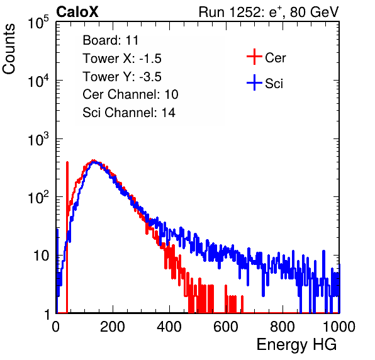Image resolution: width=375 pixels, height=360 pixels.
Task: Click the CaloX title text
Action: pyautogui.click(x=77, y=12)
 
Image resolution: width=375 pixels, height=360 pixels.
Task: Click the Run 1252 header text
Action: pyautogui.click(x=269, y=12)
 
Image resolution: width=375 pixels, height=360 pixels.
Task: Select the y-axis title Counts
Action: pyautogui.click(x=9, y=49)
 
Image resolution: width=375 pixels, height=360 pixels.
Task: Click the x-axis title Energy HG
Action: pyautogui.click(x=296, y=345)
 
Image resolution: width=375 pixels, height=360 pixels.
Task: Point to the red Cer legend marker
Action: pyautogui.click(x=254, y=57)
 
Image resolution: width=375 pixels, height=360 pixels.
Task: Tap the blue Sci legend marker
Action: pyautogui.click(x=254, y=83)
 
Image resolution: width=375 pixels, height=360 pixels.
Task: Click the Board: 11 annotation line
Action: pyautogui.click(x=111, y=40)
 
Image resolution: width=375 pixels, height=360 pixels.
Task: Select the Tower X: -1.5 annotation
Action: pyautogui.click(x=122, y=59)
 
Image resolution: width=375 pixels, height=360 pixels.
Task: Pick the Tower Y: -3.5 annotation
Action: pyautogui.click(x=122, y=77)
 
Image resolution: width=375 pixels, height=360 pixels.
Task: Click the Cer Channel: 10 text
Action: pyautogui.click(x=130, y=94)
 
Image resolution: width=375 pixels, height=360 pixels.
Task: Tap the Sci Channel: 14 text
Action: pyautogui.click(x=129, y=113)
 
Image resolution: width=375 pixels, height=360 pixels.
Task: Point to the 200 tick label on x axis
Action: pyautogui.click(x=113, y=327)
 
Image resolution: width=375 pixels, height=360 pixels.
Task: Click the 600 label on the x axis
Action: pyautogui.click(x=226, y=327)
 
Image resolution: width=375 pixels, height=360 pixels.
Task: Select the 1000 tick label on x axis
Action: pyautogui.click(x=339, y=327)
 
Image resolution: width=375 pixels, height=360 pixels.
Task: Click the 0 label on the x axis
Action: pyautogui.click(x=56, y=327)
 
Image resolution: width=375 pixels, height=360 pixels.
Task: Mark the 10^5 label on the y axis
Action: pyautogui.click(x=38, y=22)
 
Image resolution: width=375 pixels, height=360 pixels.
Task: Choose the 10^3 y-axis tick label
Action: pyautogui.click(x=38, y=139)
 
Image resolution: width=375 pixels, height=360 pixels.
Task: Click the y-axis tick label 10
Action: pyautogui.click(x=41, y=256)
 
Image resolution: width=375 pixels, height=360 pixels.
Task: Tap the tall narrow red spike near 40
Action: pyautogui.click(x=67, y=237)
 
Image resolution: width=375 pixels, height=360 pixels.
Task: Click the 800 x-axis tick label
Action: pyautogui.click(x=283, y=327)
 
